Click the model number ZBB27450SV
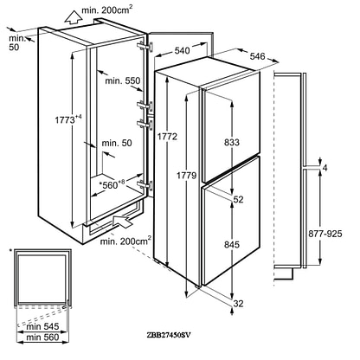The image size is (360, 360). tap(169, 335)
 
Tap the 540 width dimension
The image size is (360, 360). tap(183, 50)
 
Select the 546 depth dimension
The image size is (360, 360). tap(257, 56)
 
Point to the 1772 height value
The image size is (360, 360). tap(167, 136)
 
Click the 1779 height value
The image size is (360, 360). tap(187, 175)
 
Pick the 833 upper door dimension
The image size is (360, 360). tap(232, 142)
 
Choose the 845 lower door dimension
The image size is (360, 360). tap(232, 244)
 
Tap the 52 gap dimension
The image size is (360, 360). tap(238, 199)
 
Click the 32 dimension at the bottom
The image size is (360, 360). tap(238, 303)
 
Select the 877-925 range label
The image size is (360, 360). tap(325, 234)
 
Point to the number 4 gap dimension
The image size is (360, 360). tap(325, 167)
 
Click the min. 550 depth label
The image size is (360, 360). tap(123, 80)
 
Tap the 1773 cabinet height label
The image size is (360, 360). tap(68, 119)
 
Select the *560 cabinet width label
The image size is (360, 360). tap(112, 184)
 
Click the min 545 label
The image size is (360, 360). tap(42, 326)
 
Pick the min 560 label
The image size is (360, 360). tap(42, 337)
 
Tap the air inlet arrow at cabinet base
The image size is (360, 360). tap(122, 222)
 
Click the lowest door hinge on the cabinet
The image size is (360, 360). tap(145, 183)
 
